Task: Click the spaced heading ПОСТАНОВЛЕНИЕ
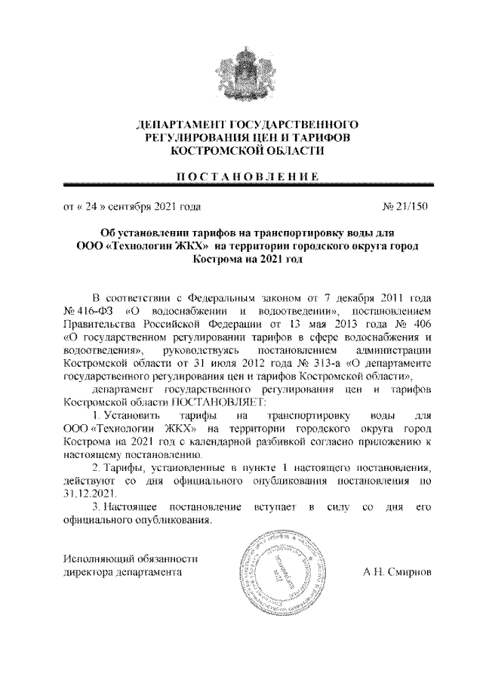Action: click(x=241, y=176)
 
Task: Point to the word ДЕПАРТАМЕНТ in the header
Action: click(x=175, y=123)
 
